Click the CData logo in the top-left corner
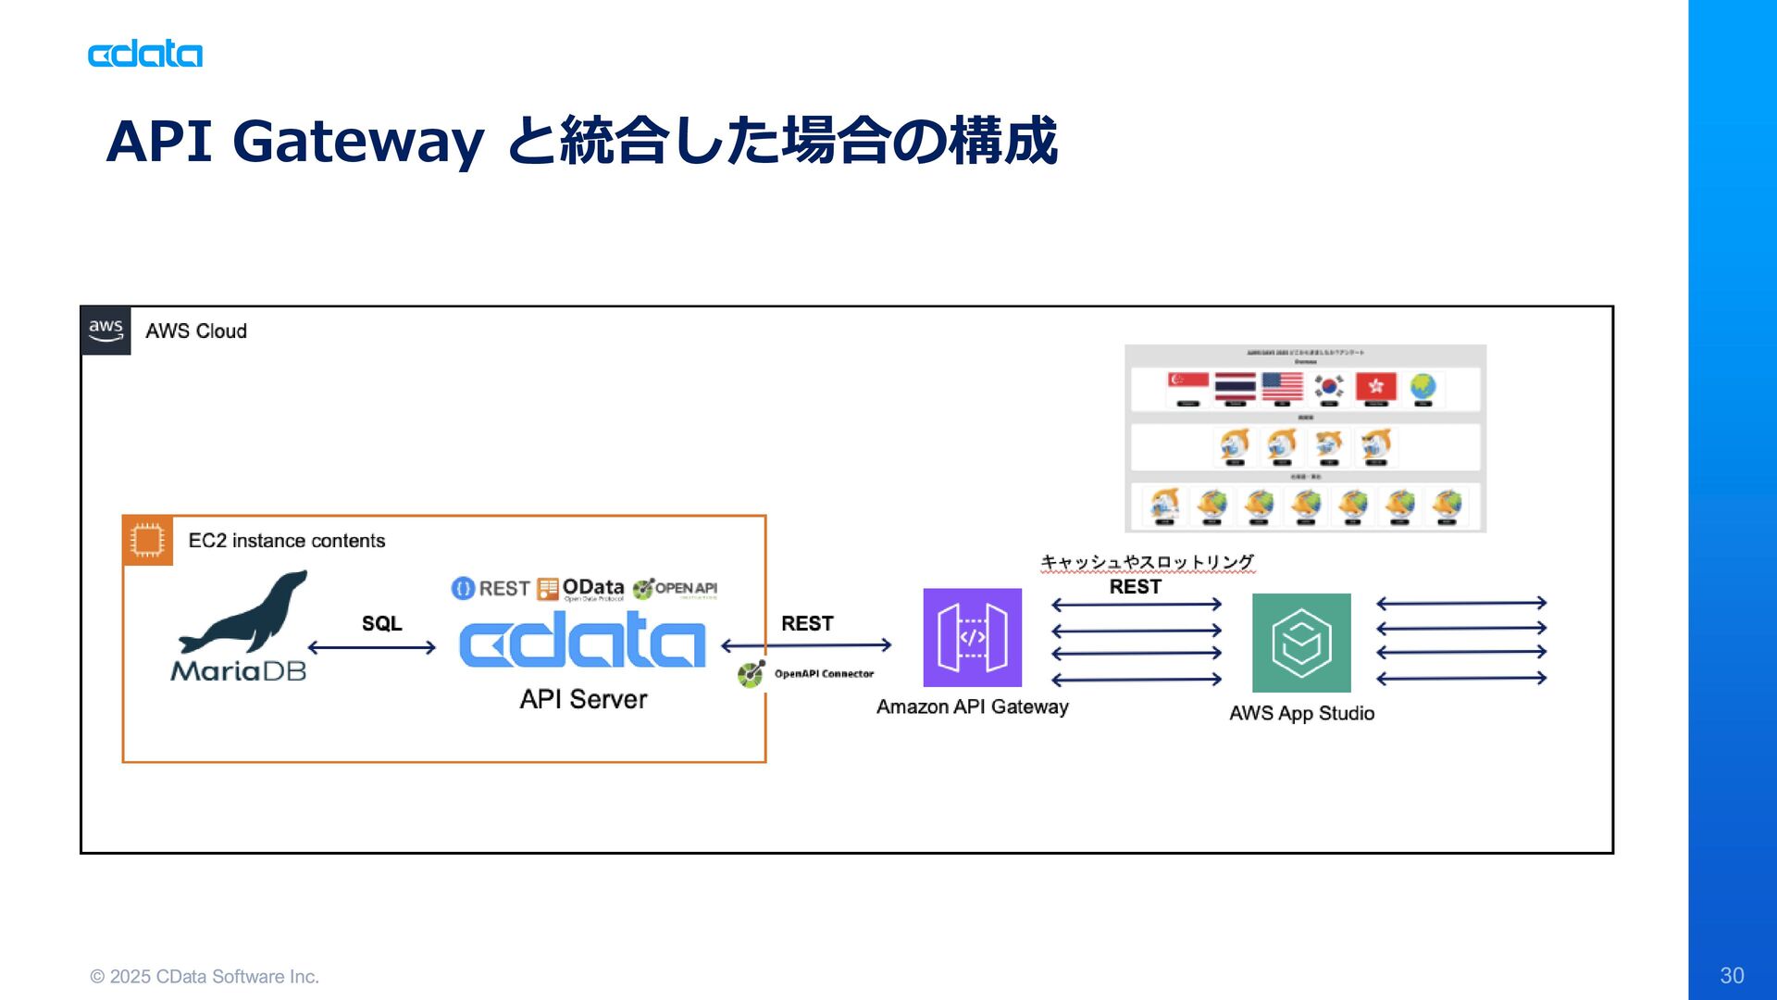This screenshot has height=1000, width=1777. (x=145, y=55)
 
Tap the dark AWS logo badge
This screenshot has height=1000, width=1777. (x=106, y=331)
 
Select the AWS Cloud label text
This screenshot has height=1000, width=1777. (x=196, y=331)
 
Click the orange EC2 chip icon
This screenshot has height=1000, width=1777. (x=147, y=540)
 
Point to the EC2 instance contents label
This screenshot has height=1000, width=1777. (x=287, y=541)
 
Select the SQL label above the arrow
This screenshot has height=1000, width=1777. (x=381, y=623)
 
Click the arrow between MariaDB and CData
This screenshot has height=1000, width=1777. (x=371, y=647)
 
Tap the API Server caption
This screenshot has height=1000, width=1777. (x=583, y=699)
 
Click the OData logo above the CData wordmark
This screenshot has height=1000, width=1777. (x=581, y=589)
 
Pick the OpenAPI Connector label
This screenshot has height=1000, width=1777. (x=823, y=674)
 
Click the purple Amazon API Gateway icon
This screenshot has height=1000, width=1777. (x=972, y=637)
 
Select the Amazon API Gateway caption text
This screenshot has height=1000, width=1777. (x=972, y=707)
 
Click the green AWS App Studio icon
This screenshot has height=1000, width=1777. (x=1300, y=643)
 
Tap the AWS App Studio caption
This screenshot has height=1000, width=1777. (x=1301, y=714)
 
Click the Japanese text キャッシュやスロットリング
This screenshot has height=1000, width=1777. (x=1147, y=562)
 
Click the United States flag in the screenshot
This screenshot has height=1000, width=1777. (x=1282, y=386)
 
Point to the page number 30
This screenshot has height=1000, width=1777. (x=1732, y=975)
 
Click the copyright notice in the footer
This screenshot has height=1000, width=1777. (x=205, y=977)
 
